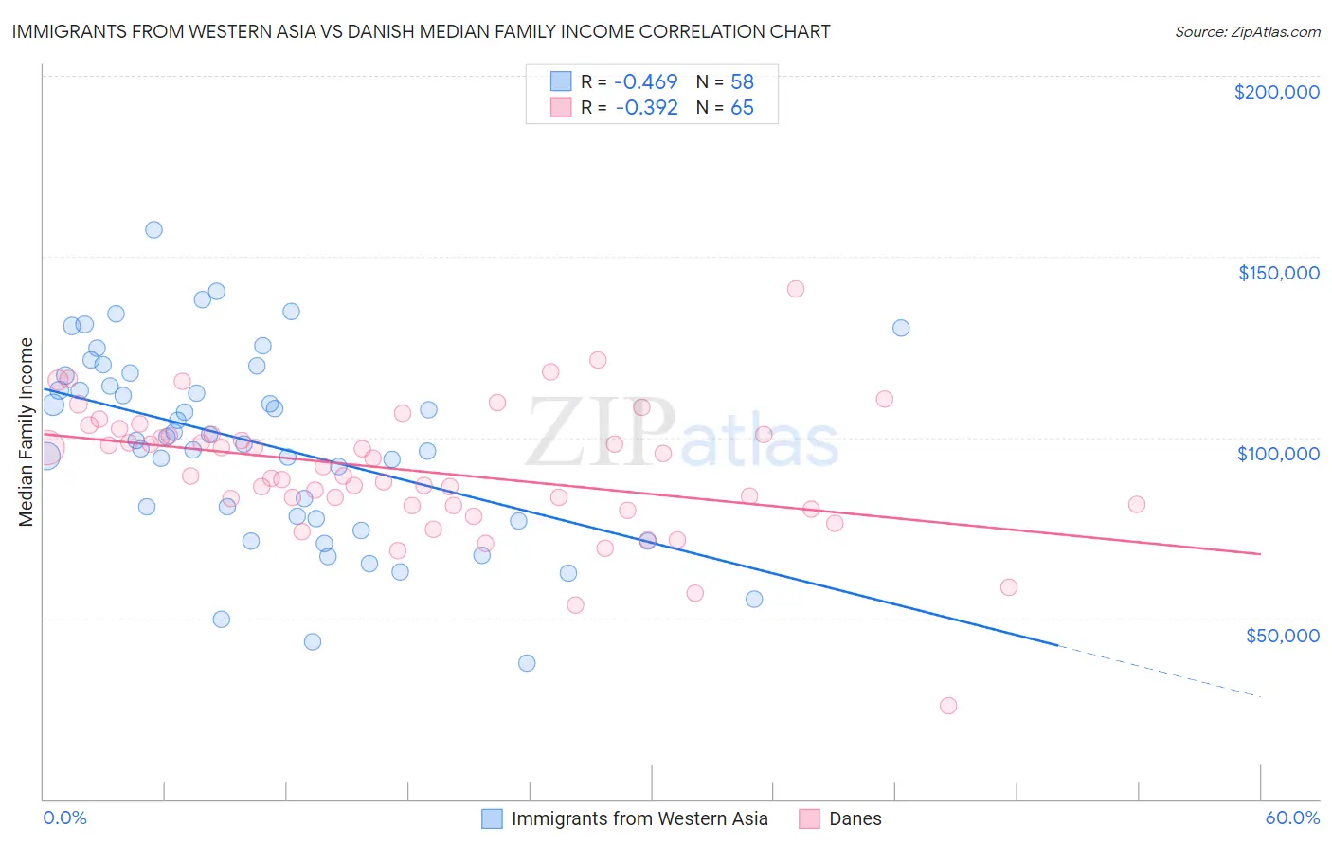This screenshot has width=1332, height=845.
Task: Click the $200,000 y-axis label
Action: pyautogui.click(x=1276, y=92)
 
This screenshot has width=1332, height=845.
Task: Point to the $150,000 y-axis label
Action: pyautogui.click(x=1278, y=273)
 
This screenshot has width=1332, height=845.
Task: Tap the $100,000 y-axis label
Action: pyautogui.click(x=1278, y=454)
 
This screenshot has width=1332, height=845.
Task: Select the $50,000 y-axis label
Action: pyautogui.click(x=1282, y=635)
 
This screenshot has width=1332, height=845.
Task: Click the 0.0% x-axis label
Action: pyautogui.click(x=64, y=818)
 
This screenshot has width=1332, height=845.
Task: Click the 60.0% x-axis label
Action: pyautogui.click(x=1292, y=818)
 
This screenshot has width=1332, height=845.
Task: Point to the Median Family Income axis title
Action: pyautogui.click(x=27, y=432)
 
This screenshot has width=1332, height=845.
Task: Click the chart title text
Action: pyautogui.click(x=421, y=31)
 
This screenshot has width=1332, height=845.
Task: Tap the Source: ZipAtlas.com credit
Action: pyautogui.click(x=1247, y=32)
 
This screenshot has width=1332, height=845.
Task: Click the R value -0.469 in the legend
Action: pyautogui.click(x=646, y=82)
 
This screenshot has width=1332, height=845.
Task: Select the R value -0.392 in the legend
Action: pyautogui.click(x=646, y=108)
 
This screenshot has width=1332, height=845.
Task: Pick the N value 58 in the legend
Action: pyautogui.click(x=742, y=82)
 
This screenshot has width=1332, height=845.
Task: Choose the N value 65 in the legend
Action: pyautogui.click(x=742, y=108)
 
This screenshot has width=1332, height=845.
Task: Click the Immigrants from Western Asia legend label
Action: pyautogui.click(x=639, y=818)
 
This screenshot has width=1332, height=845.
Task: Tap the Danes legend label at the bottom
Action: pyautogui.click(x=855, y=818)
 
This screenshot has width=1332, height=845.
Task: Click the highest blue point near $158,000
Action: pyautogui.click(x=153, y=229)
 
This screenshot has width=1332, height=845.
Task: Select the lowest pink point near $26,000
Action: pyautogui.click(x=948, y=706)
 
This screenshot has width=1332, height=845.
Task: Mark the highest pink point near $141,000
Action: pyautogui.click(x=796, y=289)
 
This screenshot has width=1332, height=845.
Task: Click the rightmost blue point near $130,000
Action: pyautogui.click(x=901, y=328)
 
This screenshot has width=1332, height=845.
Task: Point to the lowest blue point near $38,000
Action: pyautogui.click(x=527, y=663)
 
